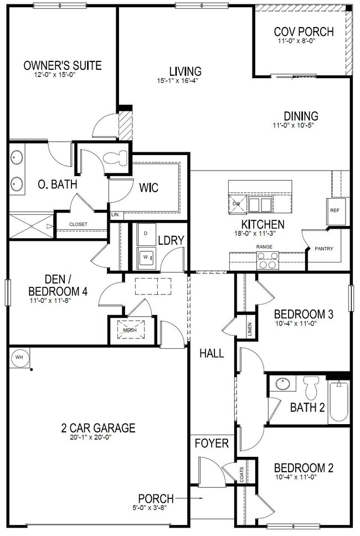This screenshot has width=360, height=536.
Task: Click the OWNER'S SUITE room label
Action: click(63, 65)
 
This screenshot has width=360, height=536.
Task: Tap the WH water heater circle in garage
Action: click(19, 357)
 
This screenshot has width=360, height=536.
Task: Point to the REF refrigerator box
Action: click(335, 211)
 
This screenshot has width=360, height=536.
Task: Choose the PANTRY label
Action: click(324, 249)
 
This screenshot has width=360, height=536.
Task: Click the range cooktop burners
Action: click(268, 260)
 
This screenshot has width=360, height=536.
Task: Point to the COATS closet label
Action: click(241, 474)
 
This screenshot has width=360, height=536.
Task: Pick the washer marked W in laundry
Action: click(146, 257)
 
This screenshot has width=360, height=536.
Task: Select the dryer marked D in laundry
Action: click(146, 234)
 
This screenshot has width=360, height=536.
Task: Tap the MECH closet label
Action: click(130, 330)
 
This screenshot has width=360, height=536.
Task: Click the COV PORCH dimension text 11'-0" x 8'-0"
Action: click(304, 40)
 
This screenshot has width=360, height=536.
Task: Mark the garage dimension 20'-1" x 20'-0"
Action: click(99, 437)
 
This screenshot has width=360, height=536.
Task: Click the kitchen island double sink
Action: click(260, 205)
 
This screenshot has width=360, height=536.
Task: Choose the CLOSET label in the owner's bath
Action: click(79, 224)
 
